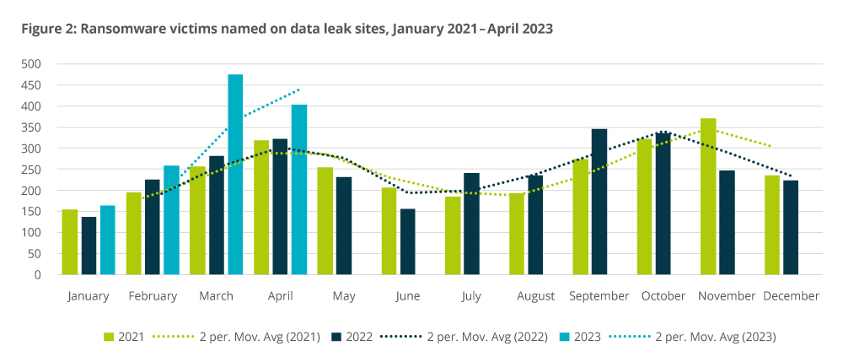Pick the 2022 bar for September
(x=599, y=202)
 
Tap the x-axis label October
(x=664, y=296)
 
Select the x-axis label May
(x=344, y=296)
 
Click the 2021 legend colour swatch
(x=108, y=337)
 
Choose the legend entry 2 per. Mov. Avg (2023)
(x=714, y=337)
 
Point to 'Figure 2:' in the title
(x=47, y=29)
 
